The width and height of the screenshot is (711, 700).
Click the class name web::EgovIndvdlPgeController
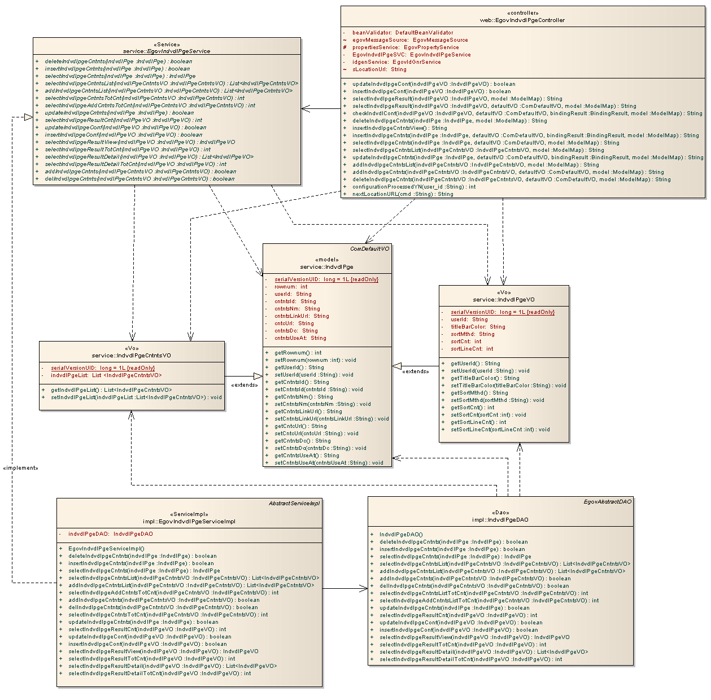522,20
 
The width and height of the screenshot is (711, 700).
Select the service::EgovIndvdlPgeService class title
167,51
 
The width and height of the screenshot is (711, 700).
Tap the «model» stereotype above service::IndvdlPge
327,260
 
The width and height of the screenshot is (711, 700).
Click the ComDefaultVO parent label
369,249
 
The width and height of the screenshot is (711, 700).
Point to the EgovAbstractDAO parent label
608,502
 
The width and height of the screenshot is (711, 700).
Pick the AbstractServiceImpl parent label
294,504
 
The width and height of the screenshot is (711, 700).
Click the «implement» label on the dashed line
21,468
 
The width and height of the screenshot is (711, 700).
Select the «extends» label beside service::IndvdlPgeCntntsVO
245,385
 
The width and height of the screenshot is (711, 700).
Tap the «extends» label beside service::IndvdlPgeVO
415,371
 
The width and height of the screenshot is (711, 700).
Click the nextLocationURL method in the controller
403,194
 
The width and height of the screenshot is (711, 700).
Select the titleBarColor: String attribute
478,327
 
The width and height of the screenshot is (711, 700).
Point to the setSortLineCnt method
500,430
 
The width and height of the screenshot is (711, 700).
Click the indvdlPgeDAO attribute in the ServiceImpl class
110,534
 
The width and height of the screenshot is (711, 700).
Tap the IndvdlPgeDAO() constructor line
401,535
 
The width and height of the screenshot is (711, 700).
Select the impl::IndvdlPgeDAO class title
500,520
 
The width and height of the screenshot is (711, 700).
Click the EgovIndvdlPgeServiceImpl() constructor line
106,549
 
